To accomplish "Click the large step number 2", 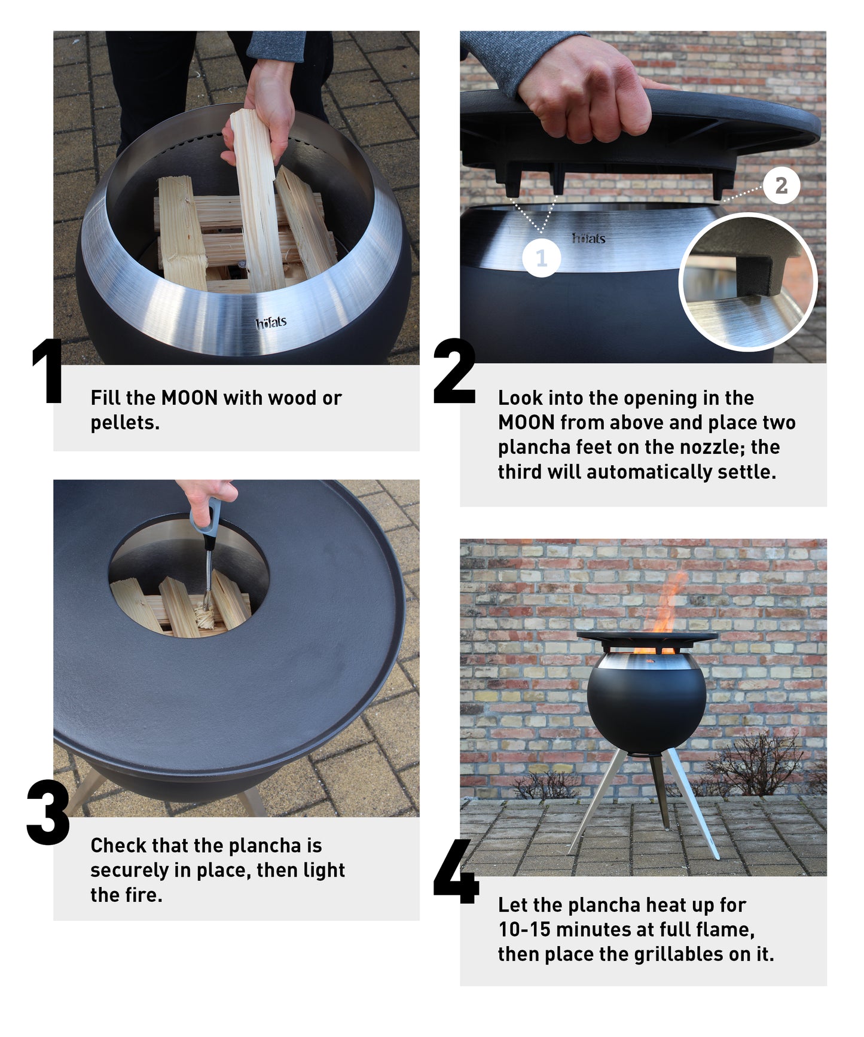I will click(x=454, y=371).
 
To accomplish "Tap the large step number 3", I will click(x=48, y=813).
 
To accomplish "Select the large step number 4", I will click(x=456, y=873).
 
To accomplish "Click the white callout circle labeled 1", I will click(x=541, y=258).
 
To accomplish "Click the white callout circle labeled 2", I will click(x=781, y=185).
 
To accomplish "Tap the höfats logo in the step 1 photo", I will click(x=271, y=324).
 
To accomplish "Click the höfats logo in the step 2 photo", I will click(x=589, y=238).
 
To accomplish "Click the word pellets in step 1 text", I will click(x=124, y=423).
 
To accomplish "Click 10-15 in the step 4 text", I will click(x=520, y=930).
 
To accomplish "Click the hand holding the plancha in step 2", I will click(x=589, y=96).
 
